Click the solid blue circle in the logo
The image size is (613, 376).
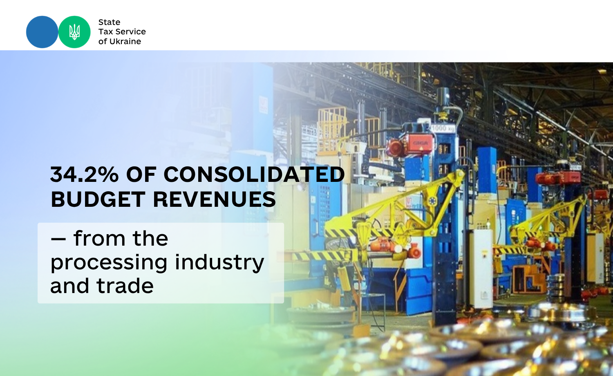42,32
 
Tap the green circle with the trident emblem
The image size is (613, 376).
74,32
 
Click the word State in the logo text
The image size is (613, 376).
109,22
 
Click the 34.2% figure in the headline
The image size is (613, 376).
85,175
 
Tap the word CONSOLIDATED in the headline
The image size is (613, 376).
254,175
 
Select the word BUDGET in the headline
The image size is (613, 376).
98,199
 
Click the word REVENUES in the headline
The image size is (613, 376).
214,199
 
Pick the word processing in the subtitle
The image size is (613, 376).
109,263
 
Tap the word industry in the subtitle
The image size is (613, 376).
219,263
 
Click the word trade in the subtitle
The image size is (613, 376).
125,286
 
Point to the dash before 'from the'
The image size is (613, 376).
58,239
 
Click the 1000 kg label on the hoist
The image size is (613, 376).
443,128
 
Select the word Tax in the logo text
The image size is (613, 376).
105,32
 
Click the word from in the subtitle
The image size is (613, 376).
99,238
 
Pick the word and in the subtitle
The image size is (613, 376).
70,286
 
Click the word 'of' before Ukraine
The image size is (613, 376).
103,41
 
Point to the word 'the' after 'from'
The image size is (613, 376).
150,238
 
